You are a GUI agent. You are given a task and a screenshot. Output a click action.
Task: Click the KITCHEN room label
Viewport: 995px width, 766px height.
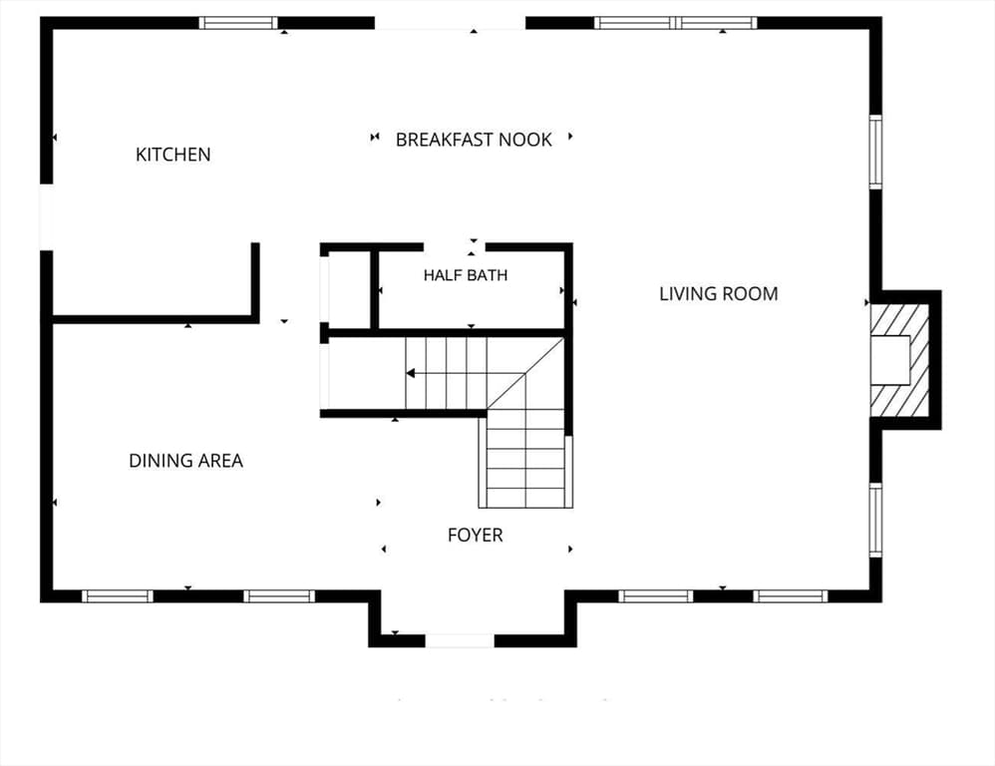coord(173,155)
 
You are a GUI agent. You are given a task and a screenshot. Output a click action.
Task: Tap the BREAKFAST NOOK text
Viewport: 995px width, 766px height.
coord(474,140)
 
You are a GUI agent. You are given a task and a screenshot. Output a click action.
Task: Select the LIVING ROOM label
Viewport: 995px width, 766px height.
coord(718,294)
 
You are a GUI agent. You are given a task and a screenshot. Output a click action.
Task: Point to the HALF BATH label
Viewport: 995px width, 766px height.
coord(466,275)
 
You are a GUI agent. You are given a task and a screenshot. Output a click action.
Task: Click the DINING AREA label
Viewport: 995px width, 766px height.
coord(185,461)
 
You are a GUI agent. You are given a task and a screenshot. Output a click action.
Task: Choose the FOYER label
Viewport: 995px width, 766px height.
coord(476,536)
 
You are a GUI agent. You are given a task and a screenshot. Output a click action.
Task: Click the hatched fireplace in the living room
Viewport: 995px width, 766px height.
coord(900,360)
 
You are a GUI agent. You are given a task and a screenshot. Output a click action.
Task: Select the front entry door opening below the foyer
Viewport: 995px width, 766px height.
coord(460,641)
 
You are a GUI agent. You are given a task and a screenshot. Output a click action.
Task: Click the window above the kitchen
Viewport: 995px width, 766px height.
coord(238,24)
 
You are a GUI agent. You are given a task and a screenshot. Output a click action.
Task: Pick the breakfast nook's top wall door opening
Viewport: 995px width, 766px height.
coord(450,24)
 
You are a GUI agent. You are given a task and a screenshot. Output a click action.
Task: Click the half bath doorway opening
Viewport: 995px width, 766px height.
coord(455,247)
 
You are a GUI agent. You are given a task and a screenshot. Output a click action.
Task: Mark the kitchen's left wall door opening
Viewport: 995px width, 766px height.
coord(46,217)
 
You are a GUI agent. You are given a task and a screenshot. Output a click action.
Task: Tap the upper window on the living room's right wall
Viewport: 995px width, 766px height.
coord(875,152)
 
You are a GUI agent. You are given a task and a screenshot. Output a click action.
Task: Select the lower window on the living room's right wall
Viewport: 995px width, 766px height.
coord(875,520)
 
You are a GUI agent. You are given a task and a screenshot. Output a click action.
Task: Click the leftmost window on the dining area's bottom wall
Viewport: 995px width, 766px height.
coord(118,596)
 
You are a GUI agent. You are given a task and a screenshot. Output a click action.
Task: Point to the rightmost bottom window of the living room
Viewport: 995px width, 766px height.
coord(791,596)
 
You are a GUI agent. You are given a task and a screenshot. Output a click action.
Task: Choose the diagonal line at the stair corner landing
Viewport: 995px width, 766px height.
coord(525,374)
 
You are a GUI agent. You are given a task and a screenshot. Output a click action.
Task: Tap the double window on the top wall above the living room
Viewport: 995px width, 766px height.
coord(676,24)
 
